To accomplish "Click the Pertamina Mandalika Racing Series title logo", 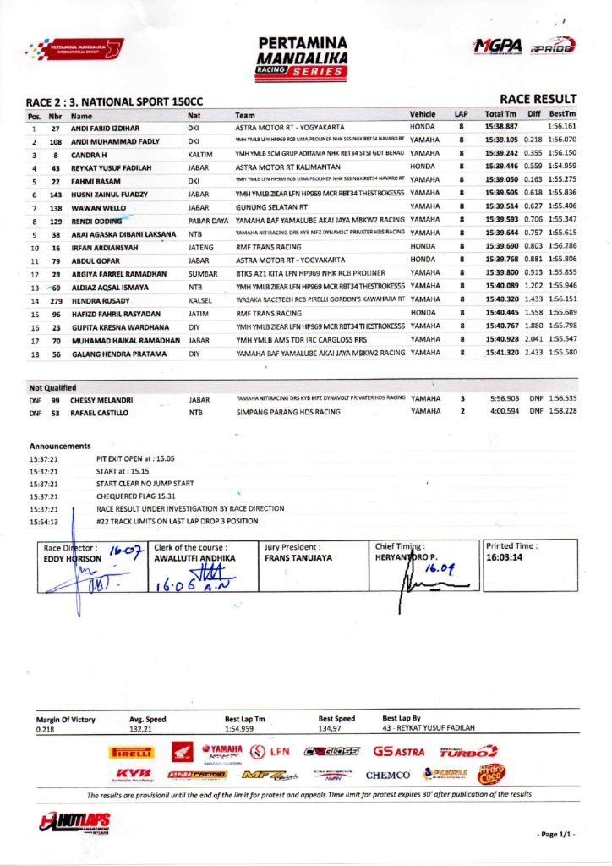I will click(x=305, y=57).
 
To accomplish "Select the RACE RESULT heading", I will click(x=538, y=99).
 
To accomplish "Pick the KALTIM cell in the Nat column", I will click(x=200, y=154).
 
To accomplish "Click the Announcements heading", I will click(x=59, y=446).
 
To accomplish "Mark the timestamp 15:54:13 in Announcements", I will click(x=43, y=522).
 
